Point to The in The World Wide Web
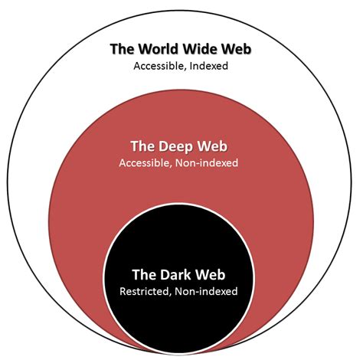coord(123,50)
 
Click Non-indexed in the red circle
coord(206,163)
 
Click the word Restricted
coord(146,291)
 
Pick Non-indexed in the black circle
coord(206,291)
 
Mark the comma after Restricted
coord(172,294)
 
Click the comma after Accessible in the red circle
coord(171,166)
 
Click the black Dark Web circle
coord(181,322)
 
